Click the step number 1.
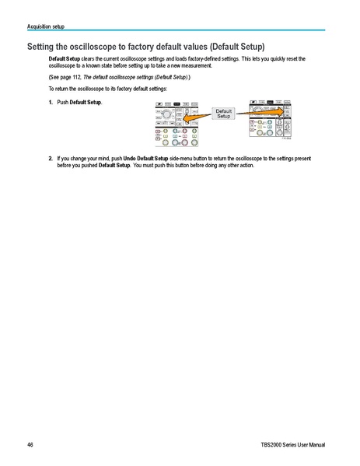pyautogui.click(x=51, y=103)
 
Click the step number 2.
pyautogui.click(x=51, y=158)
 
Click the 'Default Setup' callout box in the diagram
pyautogui.click(x=223, y=114)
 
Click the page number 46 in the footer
pyautogui.click(x=30, y=443)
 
